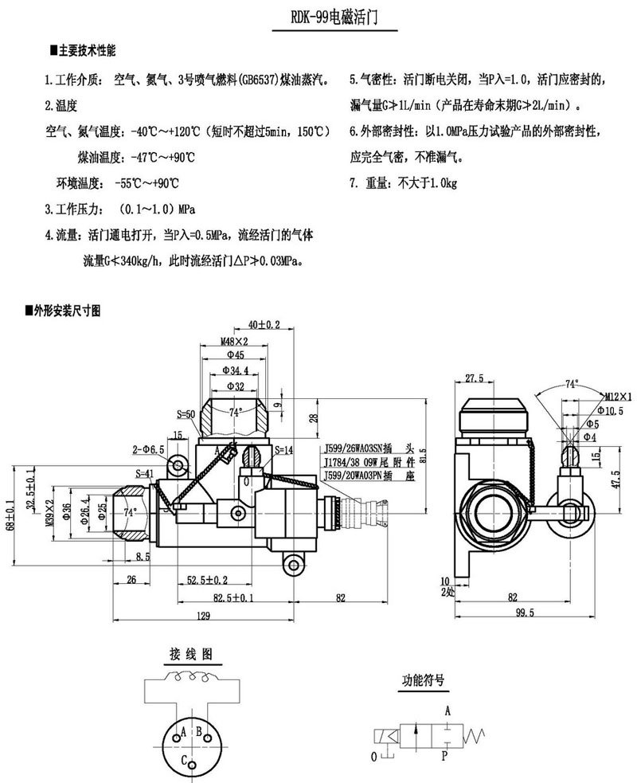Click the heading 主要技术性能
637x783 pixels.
click(86, 50)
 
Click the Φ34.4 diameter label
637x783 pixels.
click(235, 370)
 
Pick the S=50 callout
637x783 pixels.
click(186, 414)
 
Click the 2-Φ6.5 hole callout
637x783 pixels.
click(149, 450)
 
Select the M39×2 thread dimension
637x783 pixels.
click(49, 508)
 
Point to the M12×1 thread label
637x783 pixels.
click(616, 396)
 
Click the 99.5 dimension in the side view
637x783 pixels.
click(524, 613)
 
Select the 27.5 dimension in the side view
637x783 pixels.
click(475, 378)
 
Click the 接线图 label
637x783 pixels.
click(190, 654)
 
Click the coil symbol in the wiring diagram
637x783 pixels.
click(191, 679)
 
